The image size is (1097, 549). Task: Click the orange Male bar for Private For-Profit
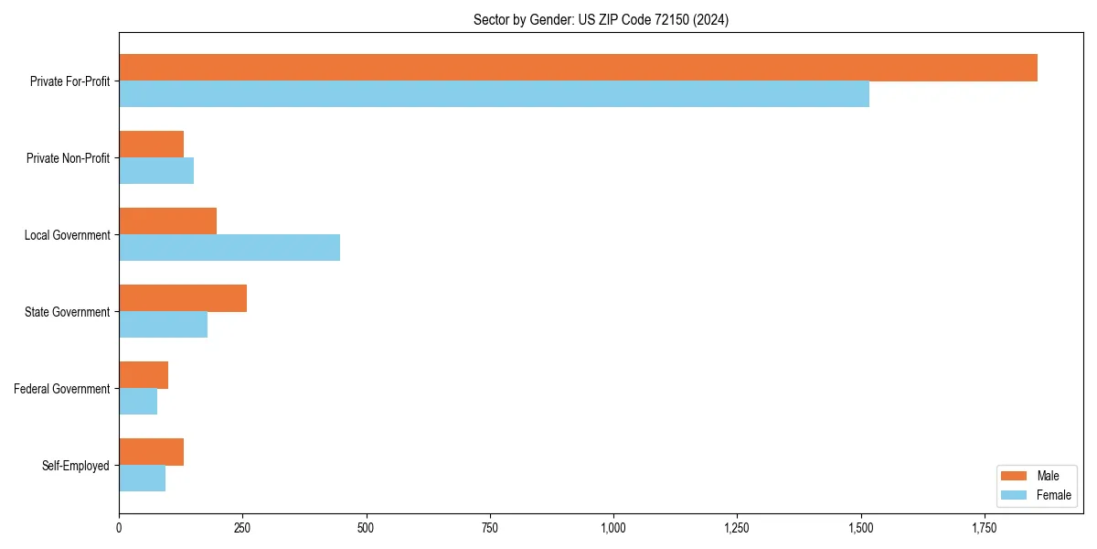tap(578, 68)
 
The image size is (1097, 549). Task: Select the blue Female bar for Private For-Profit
tap(494, 94)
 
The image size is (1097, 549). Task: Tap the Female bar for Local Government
tap(229, 248)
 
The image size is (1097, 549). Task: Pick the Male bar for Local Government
tap(167, 221)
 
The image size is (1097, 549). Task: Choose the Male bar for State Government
tap(183, 298)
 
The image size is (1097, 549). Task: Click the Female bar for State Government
tap(163, 325)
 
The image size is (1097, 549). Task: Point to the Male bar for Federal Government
tap(144, 375)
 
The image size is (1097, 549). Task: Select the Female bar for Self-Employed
tap(142, 479)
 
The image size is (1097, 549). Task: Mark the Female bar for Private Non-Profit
tap(156, 171)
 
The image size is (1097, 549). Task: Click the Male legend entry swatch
tap(1015, 476)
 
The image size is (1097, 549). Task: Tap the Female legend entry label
tap(1053, 495)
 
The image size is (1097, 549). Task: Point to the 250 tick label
tap(242, 528)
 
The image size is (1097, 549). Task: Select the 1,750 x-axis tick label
tap(984, 528)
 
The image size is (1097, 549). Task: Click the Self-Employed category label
tap(76, 466)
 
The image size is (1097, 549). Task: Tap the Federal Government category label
tap(62, 389)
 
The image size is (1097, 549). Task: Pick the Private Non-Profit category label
tap(68, 158)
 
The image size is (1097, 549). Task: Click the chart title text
tap(601, 19)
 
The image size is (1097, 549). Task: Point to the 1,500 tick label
tap(860, 528)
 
